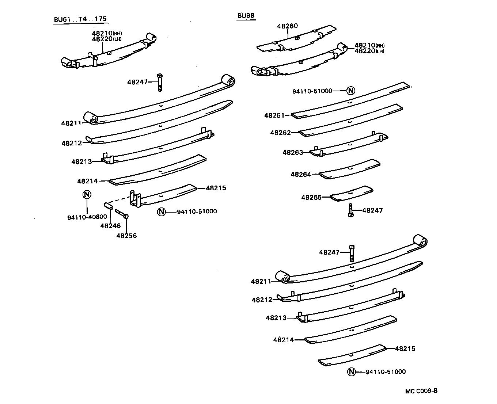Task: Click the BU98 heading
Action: tap(246, 15)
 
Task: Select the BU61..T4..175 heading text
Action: tap(81, 20)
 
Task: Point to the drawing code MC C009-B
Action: tap(421, 391)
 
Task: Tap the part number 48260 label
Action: tap(287, 26)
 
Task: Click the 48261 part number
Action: tap(274, 115)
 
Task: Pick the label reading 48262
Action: tap(280, 133)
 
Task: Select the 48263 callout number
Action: tap(293, 152)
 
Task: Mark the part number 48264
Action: tap(301, 174)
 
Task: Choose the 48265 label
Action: tap(311, 197)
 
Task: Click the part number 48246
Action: tap(110, 226)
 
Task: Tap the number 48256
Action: tap(126, 236)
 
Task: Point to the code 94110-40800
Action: tap(87, 217)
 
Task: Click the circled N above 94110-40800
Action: tap(87, 194)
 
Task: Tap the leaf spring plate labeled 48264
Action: tap(350, 169)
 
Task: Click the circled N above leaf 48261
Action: tap(350, 91)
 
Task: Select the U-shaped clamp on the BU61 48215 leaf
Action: tap(135, 199)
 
